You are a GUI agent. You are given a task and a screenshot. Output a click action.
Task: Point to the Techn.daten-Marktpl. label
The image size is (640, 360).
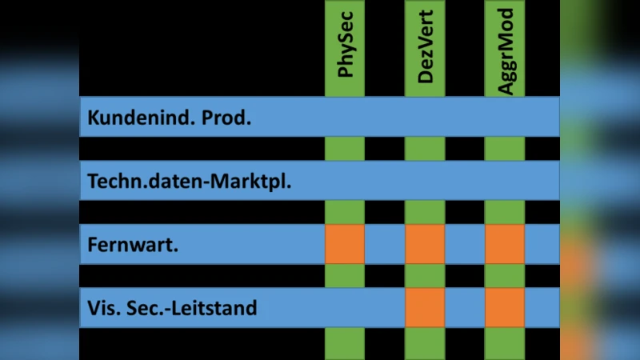[189, 182]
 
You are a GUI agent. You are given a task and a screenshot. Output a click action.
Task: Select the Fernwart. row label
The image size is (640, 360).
[133, 245]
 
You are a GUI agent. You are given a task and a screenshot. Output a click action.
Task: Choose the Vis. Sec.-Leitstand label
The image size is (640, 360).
[173, 307]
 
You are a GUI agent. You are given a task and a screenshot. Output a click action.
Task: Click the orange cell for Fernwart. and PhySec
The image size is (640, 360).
[345, 244]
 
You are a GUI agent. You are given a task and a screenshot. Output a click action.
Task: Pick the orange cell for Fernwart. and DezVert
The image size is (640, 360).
[425, 244]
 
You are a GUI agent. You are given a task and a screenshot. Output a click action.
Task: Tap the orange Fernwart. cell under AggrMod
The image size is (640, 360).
[505, 244]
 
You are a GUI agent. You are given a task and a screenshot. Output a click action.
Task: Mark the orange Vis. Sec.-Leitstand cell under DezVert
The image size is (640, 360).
[425, 307]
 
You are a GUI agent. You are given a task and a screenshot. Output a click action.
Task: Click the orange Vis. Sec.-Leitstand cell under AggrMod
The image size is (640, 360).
[505, 307]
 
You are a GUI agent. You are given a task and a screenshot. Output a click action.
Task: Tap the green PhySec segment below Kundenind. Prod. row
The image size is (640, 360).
[345, 149]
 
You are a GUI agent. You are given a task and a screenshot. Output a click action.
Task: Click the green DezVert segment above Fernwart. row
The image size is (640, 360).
[425, 212]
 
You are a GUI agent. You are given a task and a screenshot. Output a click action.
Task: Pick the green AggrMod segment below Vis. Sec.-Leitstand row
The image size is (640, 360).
[505, 343]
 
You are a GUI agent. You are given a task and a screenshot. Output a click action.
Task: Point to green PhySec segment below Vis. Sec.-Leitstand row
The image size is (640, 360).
[345, 343]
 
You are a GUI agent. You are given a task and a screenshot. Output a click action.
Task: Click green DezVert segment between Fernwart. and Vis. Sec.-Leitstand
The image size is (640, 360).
[425, 276]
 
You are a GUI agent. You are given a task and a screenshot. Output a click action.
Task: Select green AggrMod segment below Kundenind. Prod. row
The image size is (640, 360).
[505, 149]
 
